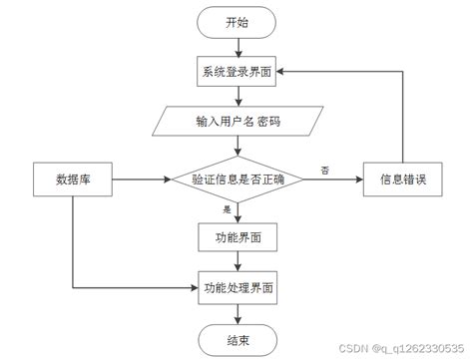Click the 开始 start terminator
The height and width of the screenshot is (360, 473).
point(237,22)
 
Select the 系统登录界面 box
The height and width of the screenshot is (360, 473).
point(237,73)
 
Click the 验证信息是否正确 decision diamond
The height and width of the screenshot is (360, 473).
point(237,180)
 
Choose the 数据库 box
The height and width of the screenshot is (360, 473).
point(73,180)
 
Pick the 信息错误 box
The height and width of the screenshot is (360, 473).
point(401,180)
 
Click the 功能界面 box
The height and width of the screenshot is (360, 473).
point(237,236)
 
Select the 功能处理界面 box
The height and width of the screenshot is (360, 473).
point(237,288)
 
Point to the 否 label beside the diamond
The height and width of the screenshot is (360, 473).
point(324,171)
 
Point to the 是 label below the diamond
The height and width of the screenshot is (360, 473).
point(228,209)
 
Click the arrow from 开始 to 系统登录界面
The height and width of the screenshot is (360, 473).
point(237,47)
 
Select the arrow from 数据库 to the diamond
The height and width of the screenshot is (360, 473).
point(140,180)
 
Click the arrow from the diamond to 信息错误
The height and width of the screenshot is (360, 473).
point(333,180)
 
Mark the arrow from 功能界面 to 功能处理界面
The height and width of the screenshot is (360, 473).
point(237,261)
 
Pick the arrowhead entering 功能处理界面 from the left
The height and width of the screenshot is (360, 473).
point(193,288)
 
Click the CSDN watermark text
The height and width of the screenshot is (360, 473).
point(405,350)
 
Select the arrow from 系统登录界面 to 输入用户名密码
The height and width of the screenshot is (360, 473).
point(237,98)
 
